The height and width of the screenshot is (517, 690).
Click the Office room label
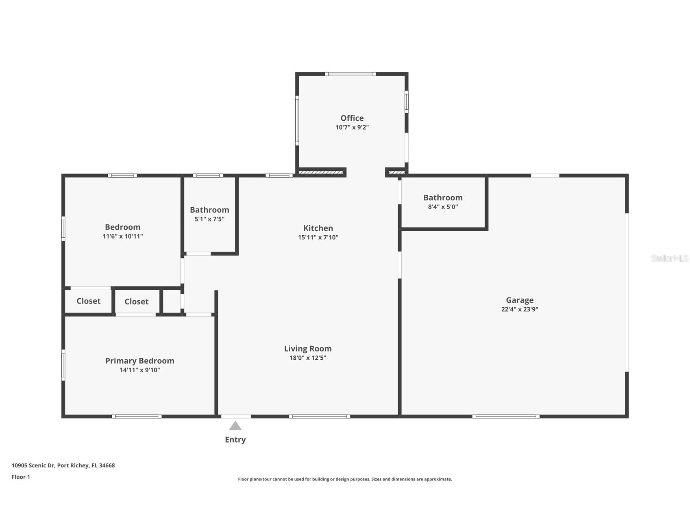click(352, 118)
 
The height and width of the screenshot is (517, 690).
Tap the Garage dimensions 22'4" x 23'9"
click(519, 309)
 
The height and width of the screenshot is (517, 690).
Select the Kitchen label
click(318, 228)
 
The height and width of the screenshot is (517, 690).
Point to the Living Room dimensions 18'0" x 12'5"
click(307, 358)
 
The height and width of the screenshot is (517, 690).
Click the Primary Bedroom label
click(139, 361)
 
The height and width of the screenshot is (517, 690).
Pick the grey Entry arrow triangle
click(235, 426)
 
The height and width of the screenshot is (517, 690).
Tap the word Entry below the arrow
click(235, 440)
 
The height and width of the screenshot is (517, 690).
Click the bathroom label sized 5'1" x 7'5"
click(209, 210)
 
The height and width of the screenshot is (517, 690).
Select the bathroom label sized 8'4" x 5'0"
click(443, 198)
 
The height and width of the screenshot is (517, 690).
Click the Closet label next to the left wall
click(88, 301)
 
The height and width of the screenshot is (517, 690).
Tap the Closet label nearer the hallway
click(136, 302)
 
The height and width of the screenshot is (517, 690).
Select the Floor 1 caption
click(21, 477)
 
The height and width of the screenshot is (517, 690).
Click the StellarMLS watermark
click(669, 258)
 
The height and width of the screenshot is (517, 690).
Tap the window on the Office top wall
click(350, 74)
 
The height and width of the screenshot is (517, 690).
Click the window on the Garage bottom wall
click(505, 416)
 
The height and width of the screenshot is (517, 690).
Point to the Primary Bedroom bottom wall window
click(137, 416)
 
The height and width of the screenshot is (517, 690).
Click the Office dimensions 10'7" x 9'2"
click(352, 127)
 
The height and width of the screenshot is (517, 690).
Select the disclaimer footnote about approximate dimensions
click(345, 479)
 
